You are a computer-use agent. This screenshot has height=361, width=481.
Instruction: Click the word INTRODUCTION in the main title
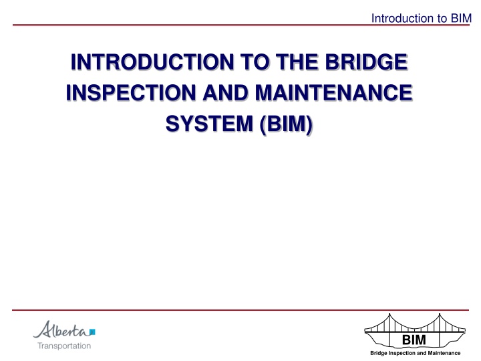(152, 62)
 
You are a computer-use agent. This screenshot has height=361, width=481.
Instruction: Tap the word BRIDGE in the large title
(366, 62)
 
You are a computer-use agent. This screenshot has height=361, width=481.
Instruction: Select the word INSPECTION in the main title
(131, 93)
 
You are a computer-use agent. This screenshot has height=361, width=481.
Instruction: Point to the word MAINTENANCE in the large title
(334, 93)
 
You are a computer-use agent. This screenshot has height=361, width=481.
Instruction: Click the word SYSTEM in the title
(209, 124)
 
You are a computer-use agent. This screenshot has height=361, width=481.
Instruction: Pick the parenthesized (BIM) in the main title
(286, 124)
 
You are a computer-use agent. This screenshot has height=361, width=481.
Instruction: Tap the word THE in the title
(297, 62)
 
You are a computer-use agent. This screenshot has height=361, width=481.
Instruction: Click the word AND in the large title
(226, 93)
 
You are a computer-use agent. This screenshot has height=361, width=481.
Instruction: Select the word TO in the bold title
(255, 62)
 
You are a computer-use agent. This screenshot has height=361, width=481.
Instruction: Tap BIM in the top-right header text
(461, 19)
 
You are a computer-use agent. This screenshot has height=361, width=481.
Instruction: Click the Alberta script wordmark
(61, 330)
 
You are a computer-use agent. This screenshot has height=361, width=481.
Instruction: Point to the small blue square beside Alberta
(92, 332)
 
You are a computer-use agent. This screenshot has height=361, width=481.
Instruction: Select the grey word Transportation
(64, 346)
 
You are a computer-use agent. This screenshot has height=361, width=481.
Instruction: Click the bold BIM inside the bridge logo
(414, 340)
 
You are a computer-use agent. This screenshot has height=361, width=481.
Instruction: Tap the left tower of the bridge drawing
(389, 331)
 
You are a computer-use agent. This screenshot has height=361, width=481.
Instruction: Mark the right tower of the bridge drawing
(440, 331)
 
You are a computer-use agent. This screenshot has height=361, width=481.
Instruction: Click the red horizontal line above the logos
(240, 310)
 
